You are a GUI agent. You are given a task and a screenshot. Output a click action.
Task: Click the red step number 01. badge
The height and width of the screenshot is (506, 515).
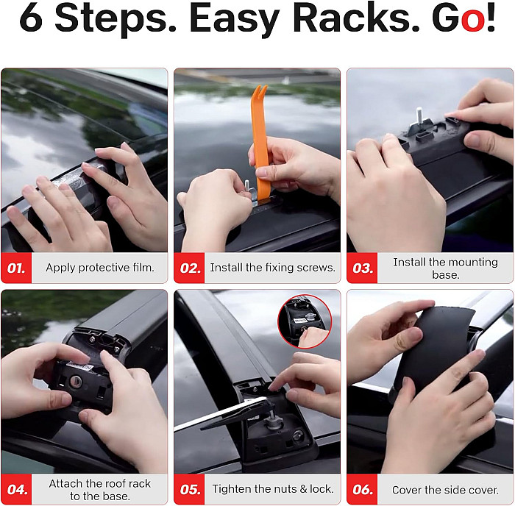click(16, 268)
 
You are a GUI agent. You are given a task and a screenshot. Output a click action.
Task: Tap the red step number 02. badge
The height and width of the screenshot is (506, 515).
click(189, 268)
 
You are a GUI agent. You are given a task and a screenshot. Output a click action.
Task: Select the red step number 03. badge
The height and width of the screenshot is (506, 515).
click(362, 268)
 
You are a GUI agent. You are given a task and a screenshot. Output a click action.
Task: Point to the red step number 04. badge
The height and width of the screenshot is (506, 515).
click(16, 489)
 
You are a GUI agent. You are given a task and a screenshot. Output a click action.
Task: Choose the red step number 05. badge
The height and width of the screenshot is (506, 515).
click(189, 489)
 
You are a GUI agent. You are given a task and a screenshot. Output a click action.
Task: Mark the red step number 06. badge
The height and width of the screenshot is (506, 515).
click(362, 489)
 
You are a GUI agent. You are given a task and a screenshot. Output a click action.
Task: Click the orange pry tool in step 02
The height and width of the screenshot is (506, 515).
click(260, 144)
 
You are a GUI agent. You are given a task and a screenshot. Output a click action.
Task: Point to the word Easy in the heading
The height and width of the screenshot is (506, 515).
click(234, 20)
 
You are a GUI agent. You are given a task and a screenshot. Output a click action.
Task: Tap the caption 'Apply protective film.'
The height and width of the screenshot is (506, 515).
click(100, 268)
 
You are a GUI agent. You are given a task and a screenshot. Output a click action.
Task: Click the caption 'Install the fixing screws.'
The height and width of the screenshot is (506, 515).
click(273, 268)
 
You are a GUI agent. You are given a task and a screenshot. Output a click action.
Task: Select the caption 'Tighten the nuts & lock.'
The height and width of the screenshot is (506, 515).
click(273, 489)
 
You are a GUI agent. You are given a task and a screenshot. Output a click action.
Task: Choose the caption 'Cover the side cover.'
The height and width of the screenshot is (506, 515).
click(445, 490)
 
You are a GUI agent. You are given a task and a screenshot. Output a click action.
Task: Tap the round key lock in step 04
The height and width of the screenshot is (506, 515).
click(76, 381)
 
